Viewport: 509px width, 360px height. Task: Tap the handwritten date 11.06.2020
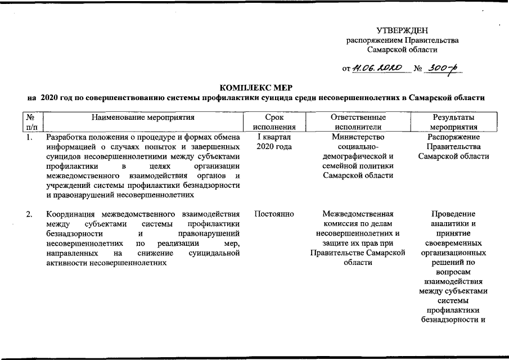coord(377,69)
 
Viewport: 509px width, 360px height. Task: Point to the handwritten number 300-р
coord(443,68)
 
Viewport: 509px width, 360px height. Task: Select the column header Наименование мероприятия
coord(143,118)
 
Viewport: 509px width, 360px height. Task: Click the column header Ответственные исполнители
coord(358,122)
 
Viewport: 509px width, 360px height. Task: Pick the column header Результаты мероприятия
coord(453,122)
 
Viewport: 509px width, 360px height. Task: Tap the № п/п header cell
coord(32,122)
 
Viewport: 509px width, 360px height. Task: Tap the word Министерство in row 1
coord(358,137)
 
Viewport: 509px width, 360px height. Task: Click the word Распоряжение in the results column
coord(453,137)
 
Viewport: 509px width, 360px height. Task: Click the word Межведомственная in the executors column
coord(358,214)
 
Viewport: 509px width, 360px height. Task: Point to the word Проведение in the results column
coord(453,214)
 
